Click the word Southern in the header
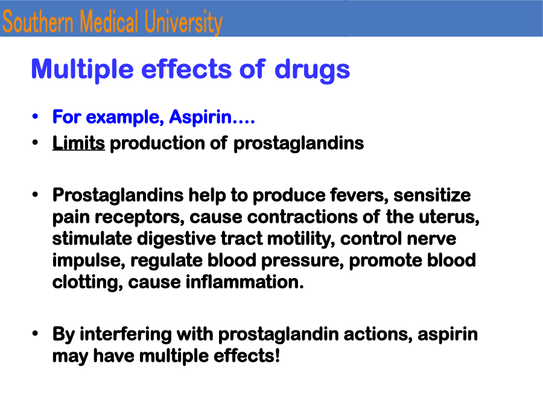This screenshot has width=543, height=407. coord(38,22)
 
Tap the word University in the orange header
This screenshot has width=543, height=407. coord(183,22)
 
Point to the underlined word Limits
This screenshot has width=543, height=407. coord(78,143)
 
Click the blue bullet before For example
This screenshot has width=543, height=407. coord(35,116)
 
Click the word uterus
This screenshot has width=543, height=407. coord(449,217)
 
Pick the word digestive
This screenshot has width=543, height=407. coord(176,239)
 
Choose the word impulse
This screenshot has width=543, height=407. coord(89,261)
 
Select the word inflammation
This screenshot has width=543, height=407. coord(245,282)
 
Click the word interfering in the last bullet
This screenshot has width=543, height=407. coord(125,335)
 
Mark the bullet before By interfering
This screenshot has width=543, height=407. coord(35,333)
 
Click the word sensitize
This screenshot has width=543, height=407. coord(432,195)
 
